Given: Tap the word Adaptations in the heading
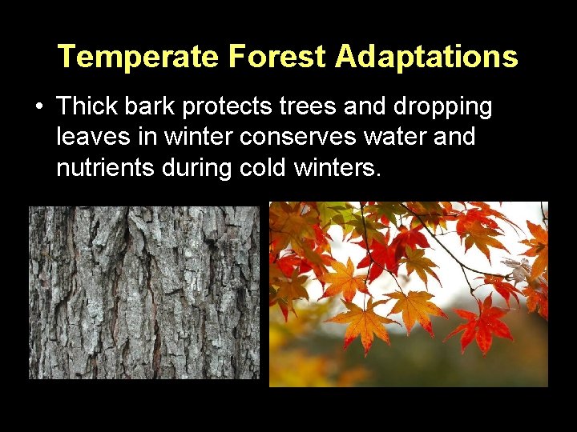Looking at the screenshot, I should coord(426,57).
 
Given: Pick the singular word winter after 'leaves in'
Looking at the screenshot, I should coord(201,137).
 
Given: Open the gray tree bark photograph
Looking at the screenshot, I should coord(144,292).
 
